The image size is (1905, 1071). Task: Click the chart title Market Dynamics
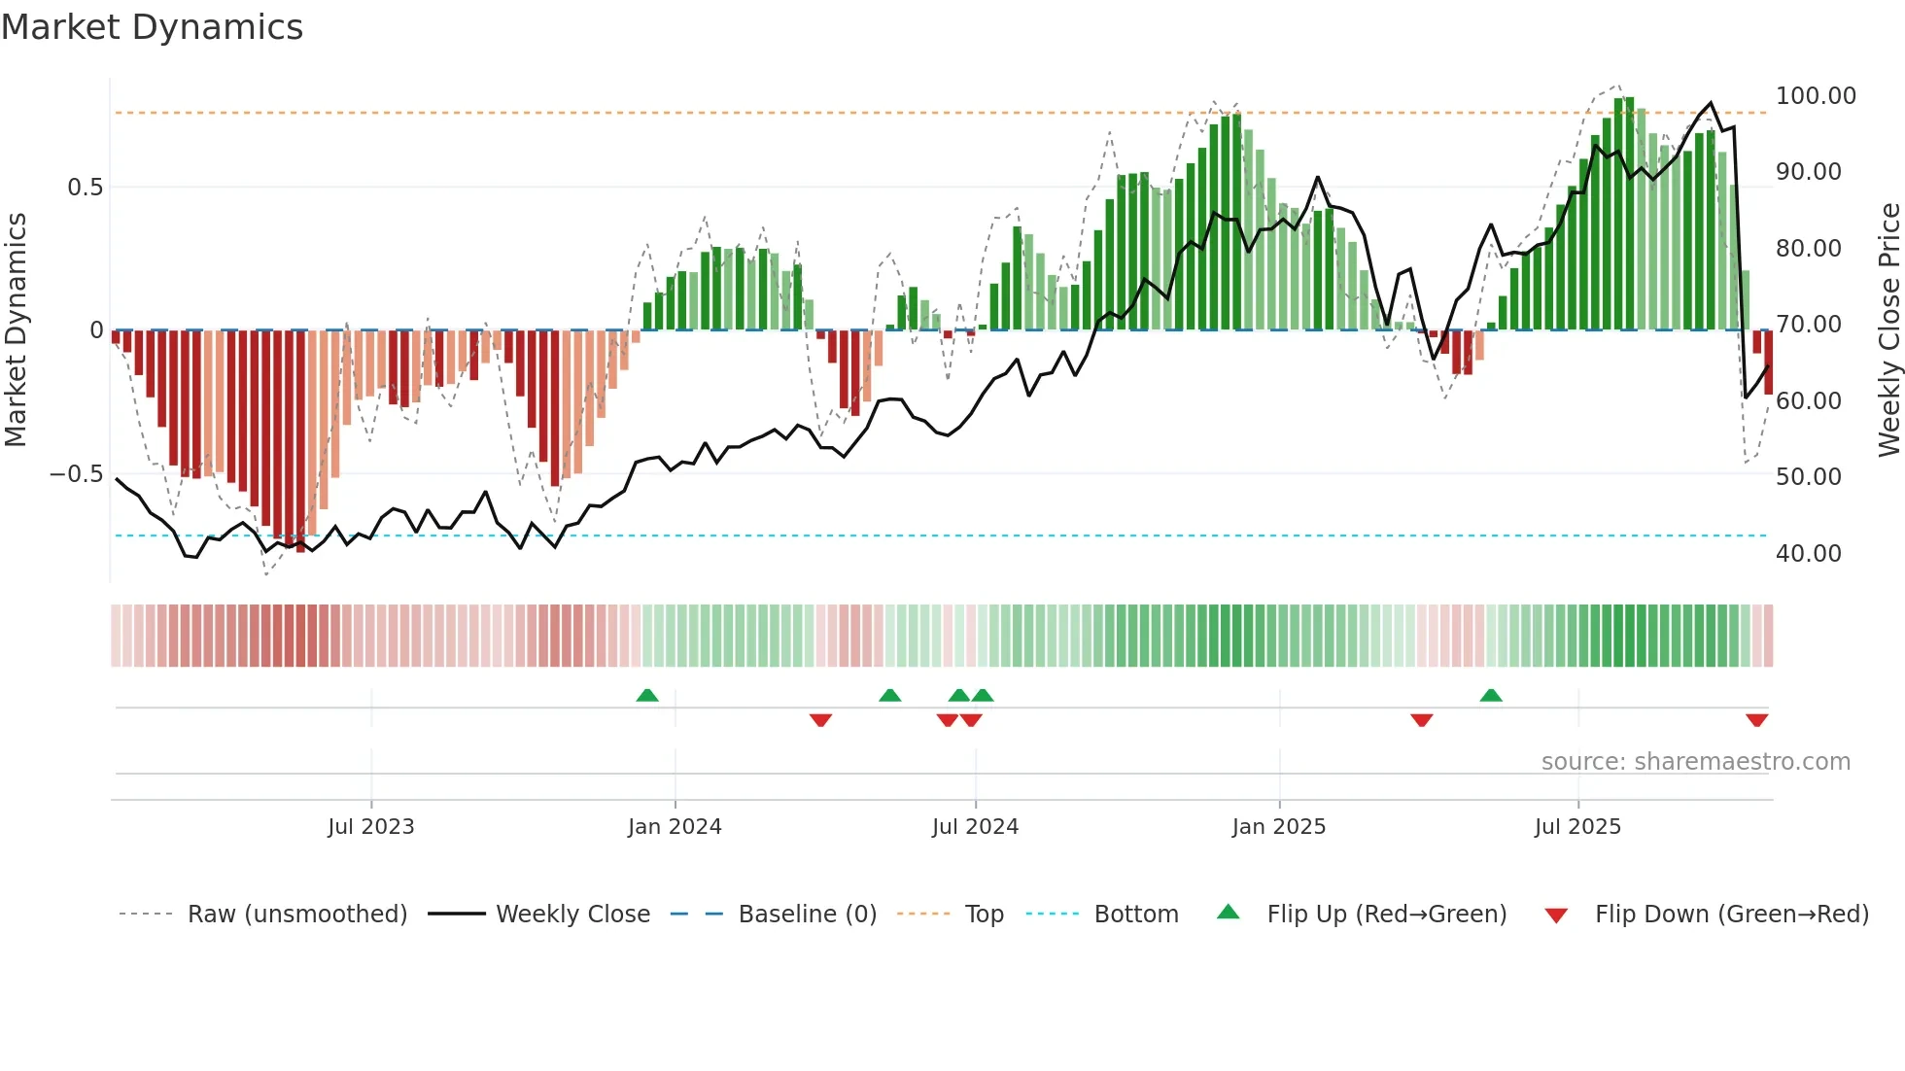(152, 27)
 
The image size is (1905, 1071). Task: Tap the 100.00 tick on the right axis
(1816, 96)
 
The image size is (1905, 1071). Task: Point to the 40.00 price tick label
(1808, 554)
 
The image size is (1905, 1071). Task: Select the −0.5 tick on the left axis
(76, 474)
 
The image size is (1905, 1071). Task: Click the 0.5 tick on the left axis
(85, 188)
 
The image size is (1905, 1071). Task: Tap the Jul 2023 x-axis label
(370, 827)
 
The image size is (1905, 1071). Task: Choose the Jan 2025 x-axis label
(1278, 827)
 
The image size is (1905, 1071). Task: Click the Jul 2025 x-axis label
(1577, 827)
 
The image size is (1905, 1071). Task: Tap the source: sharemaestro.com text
(1695, 762)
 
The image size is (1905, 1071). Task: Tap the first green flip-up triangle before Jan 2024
(647, 695)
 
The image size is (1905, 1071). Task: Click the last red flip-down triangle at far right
(1756, 720)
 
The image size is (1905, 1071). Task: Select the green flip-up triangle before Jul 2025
(1491, 695)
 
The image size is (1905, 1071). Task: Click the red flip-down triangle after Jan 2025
(1422, 720)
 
